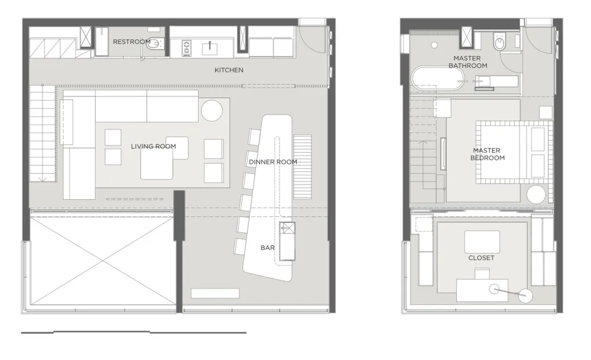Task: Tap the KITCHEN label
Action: (229, 70)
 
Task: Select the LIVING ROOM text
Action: (153, 147)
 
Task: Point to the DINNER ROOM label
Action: (272, 161)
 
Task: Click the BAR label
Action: (268, 248)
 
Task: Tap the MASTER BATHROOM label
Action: (467, 62)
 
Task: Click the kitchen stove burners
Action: (187, 47)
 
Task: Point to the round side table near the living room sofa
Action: (212, 111)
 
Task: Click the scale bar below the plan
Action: (134, 332)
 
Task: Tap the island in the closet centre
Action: (482, 241)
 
